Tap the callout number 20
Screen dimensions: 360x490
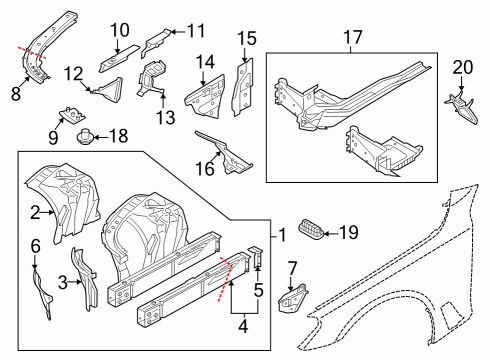pos(461,67)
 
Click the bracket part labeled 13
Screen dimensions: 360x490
pos(152,82)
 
